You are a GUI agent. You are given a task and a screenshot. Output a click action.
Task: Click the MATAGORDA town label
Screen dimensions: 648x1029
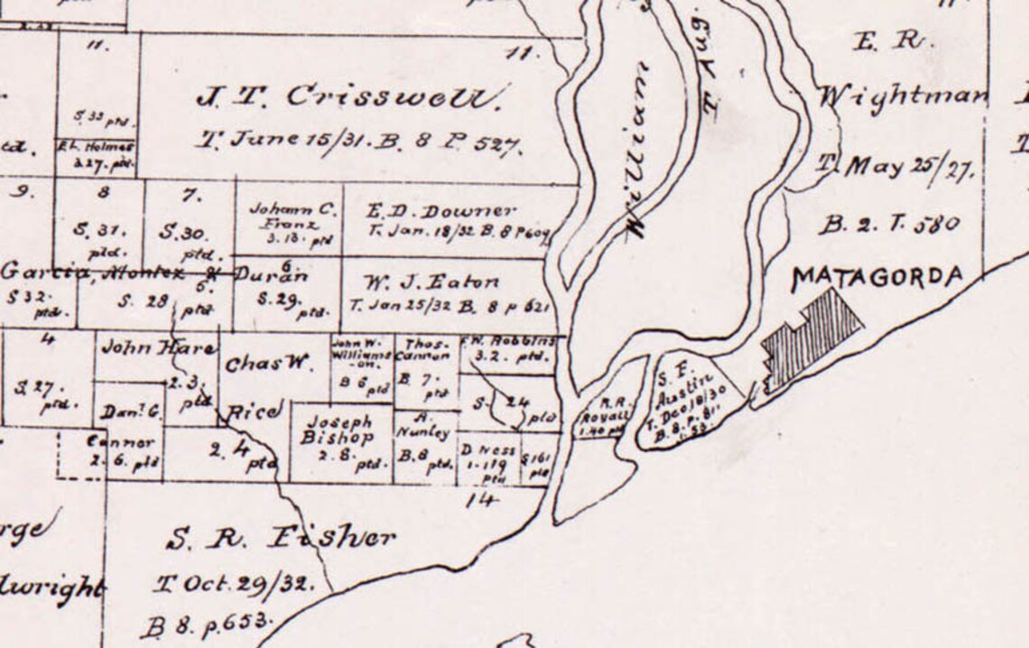876,278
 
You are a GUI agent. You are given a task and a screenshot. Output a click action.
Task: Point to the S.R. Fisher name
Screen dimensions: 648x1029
281,540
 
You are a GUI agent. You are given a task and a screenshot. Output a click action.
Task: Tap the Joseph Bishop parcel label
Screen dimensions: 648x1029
338,430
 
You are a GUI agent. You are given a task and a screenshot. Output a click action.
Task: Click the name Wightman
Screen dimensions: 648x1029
903,97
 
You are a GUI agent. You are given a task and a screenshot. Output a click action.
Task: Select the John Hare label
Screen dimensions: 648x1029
158,347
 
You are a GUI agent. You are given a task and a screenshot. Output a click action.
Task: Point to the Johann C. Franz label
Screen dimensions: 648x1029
292,216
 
